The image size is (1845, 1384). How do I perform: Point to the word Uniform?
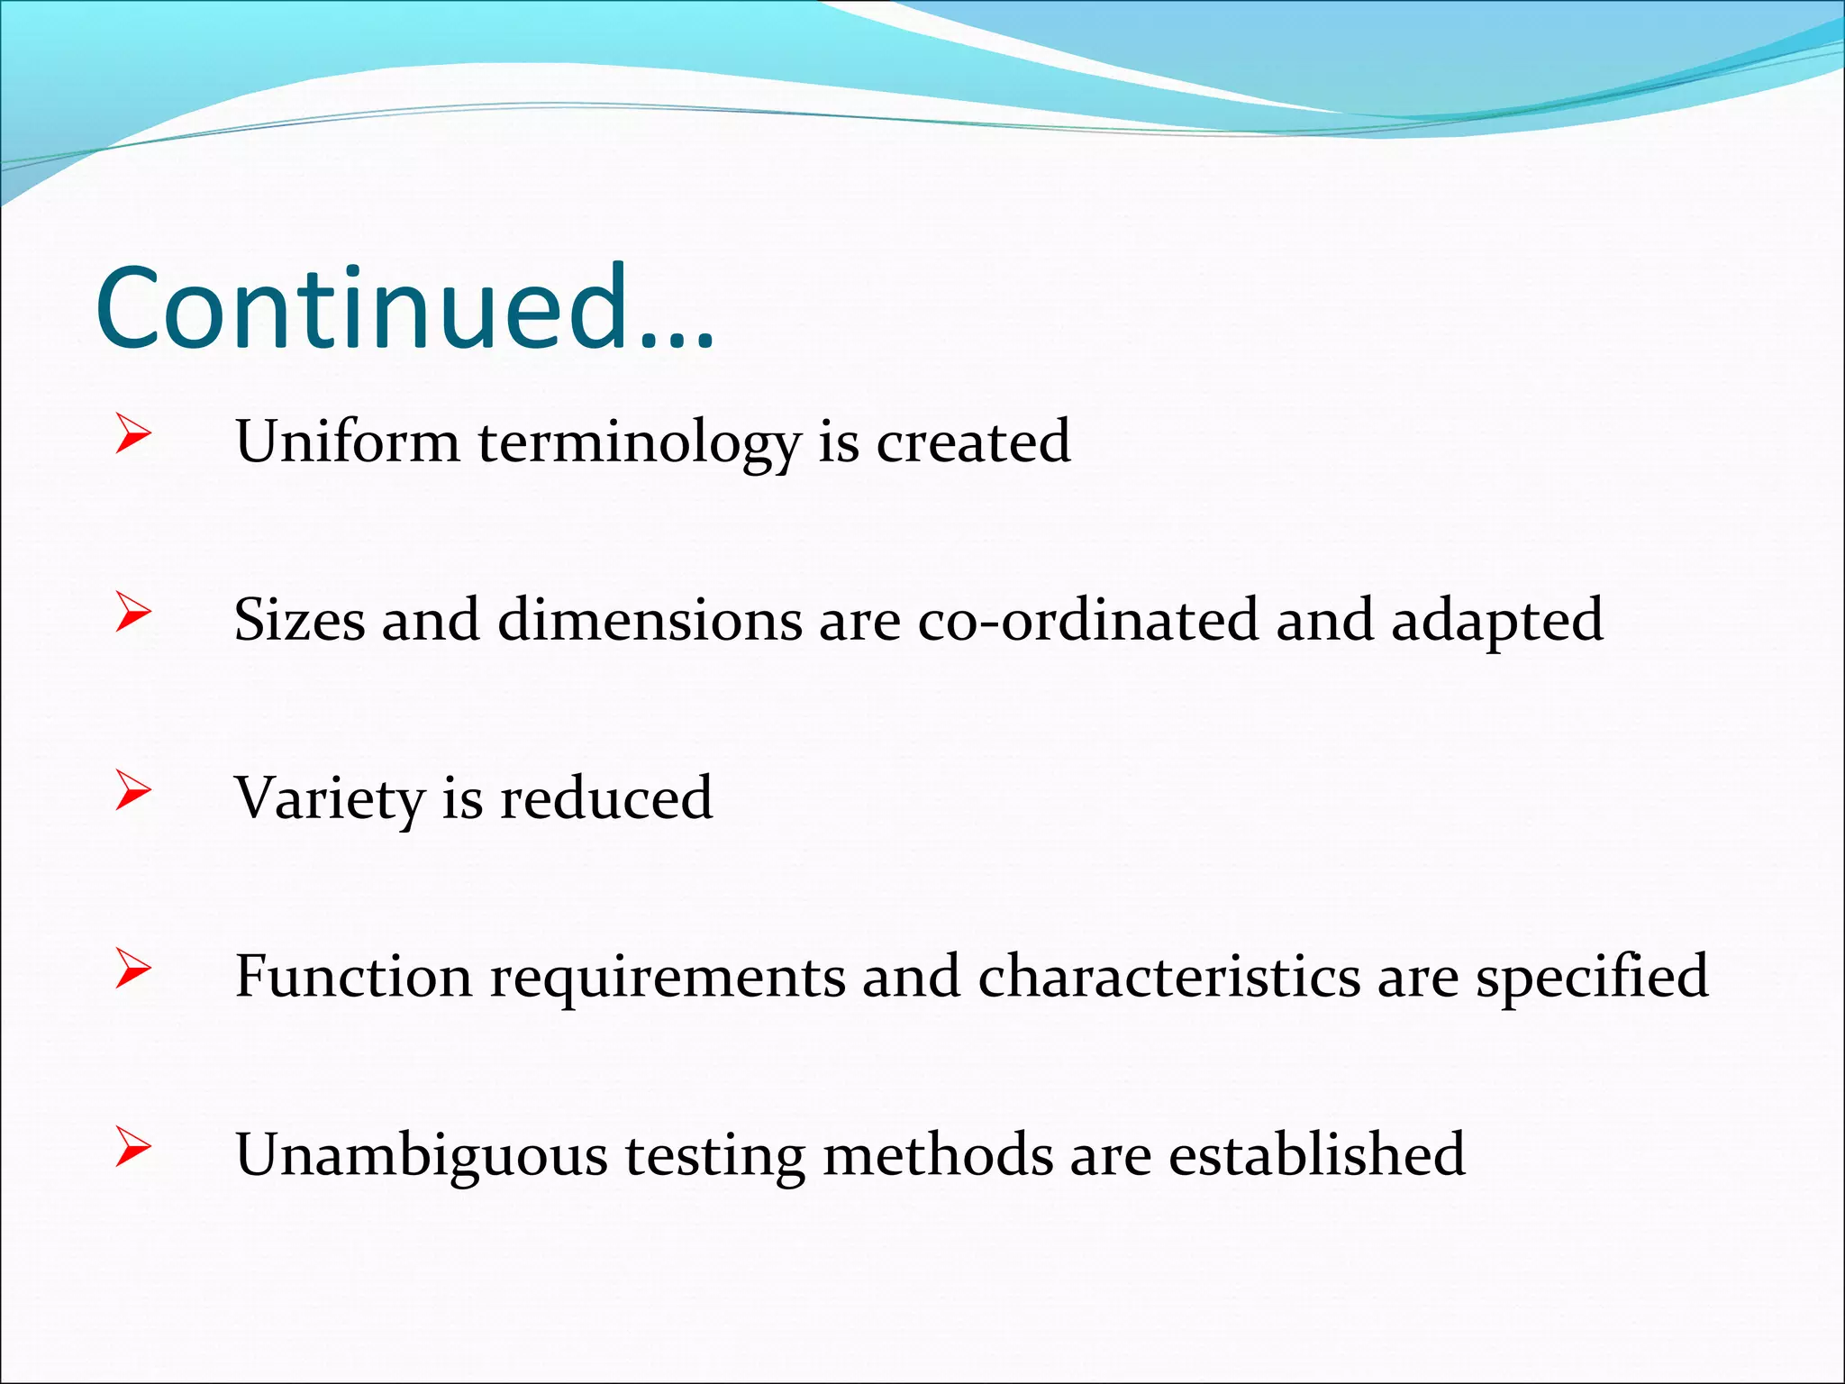click(347, 442)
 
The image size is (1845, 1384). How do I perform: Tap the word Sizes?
click(299, 620)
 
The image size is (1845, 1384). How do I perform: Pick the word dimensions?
click(649, 620)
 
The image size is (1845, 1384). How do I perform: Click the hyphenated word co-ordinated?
click(1087, 620)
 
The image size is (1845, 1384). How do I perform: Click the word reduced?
click(605, 798)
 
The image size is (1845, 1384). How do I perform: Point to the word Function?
click(353, 976)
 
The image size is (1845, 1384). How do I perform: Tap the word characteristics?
click(1168, 976)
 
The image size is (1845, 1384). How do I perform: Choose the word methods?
click(937, 1154)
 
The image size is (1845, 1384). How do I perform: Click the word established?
click(1316, 1154)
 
